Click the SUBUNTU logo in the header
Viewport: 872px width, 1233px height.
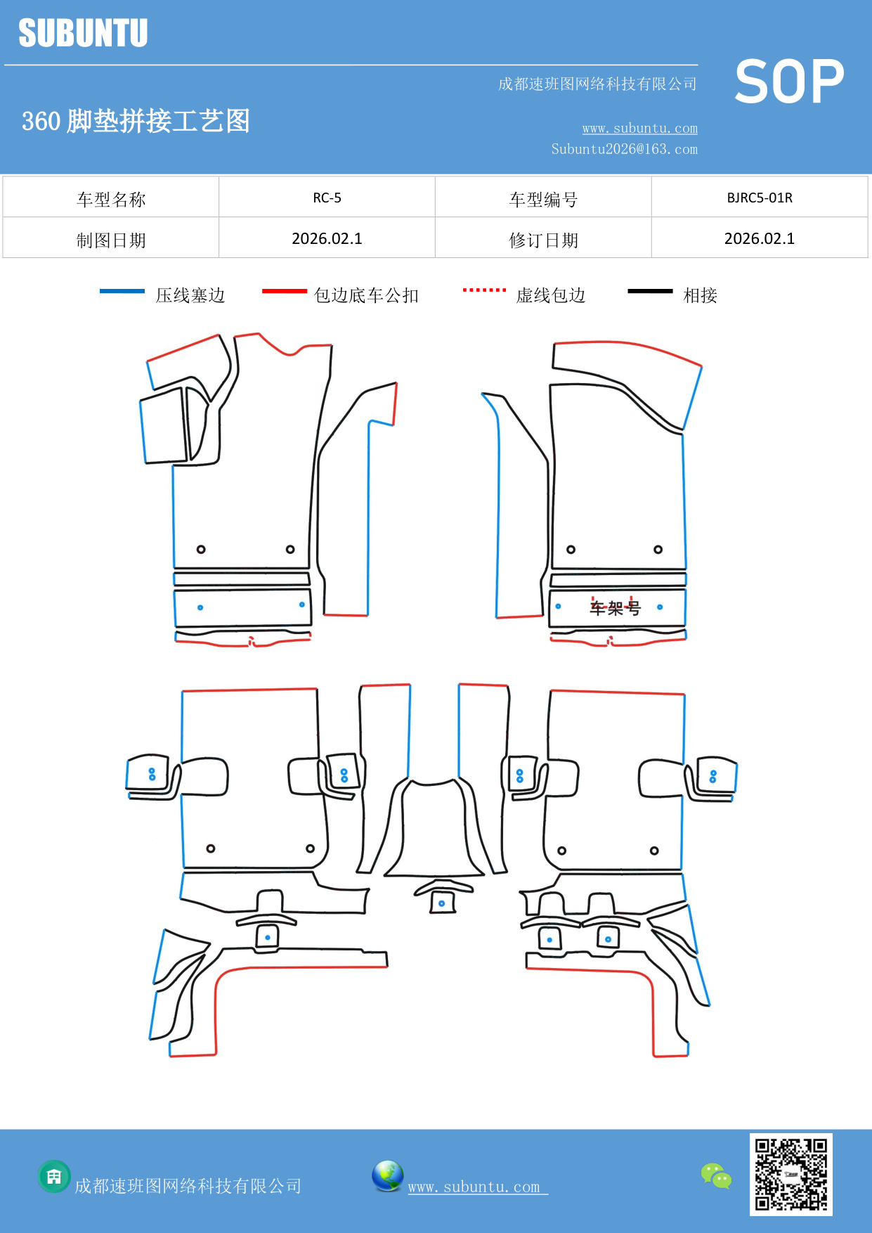pos(83,33)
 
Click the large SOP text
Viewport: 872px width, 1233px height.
pos(788,82)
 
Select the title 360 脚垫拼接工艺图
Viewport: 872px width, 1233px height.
pos(136,121)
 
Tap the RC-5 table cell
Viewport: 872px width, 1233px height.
pos(327,198)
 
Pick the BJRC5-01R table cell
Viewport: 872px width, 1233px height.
pos(759,198)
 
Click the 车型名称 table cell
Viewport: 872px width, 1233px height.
pos(111,200)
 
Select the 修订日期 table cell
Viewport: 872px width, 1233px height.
pos(543,240)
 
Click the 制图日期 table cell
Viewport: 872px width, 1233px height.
pos(111,240)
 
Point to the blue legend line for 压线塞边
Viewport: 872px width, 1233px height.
pos(122,291)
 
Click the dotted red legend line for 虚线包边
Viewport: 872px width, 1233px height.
pos(484,290)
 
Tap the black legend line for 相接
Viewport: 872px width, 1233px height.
pos(650,291)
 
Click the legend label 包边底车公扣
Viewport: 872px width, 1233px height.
pos(366,295)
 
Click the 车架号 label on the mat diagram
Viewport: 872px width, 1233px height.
pos(615,607)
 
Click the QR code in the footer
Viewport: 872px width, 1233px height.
pos(790,1174)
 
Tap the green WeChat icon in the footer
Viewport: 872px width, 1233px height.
pos(716,1175)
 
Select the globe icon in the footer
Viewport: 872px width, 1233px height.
pos(387,1176)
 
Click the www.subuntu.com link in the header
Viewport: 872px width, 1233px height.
pos(639,128)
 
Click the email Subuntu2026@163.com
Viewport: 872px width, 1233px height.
pos(624,149)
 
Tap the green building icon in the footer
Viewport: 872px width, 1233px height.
pos(54,1176)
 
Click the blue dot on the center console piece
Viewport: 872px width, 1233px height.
pos(441,903)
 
